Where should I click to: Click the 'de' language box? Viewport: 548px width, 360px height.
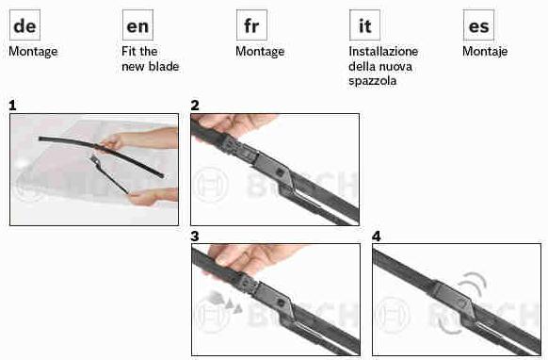[x=24, y=25]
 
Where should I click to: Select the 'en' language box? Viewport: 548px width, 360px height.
[x=137, y=25]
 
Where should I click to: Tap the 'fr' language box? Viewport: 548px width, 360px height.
[x=251, y=25]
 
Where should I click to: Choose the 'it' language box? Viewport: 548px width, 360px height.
[x=365, y=25]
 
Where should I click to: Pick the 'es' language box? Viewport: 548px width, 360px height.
[x=479, y=25]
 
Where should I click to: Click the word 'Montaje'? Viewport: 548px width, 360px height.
[x=485, y=52]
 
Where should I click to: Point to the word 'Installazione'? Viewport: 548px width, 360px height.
[x=383, y=52]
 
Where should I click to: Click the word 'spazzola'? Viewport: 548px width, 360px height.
[x=373, y=81]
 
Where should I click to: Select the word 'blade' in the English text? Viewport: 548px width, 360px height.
[x=165, y=66]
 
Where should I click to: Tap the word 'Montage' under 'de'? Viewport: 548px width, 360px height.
[x=33, y=52]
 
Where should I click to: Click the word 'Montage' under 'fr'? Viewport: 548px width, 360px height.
[x=260, y=52]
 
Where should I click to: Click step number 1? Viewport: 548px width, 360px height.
[x=12, y=106]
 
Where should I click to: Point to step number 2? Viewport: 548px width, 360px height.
[x=195, y=106]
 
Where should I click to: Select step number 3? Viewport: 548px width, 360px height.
[x=195, y=237]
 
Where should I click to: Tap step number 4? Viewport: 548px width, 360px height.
[x=377, y=237]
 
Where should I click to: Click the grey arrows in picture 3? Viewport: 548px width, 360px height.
[x=224, y=302]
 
